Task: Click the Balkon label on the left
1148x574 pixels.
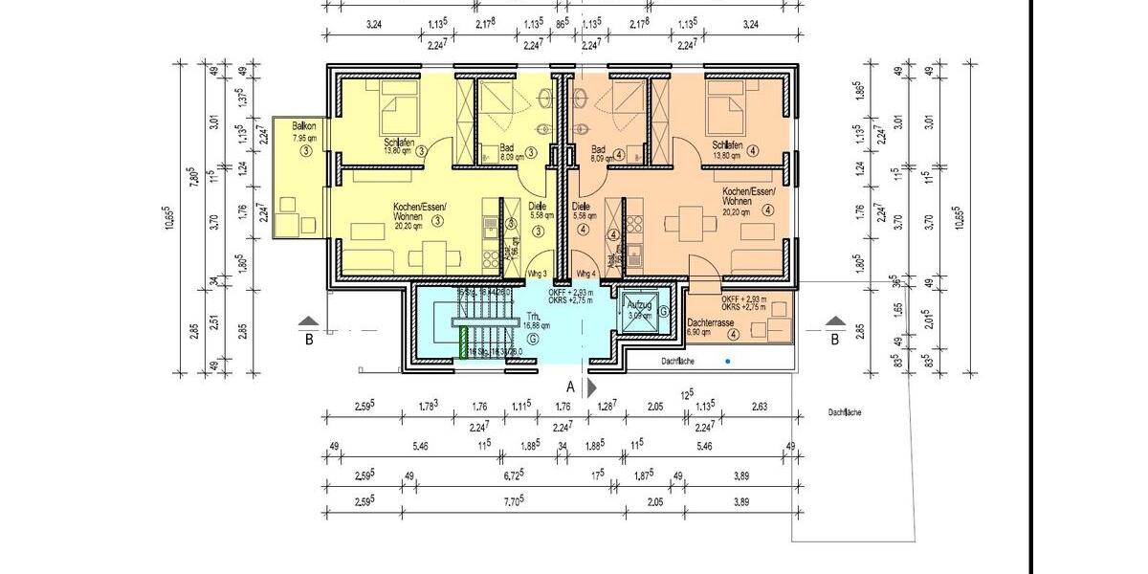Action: [x=304, y=125]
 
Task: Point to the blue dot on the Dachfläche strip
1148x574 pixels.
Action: [x=728, y=362]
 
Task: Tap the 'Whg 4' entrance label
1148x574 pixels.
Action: [x=585, y=273]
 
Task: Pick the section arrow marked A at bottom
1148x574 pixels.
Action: [x=590, y=387]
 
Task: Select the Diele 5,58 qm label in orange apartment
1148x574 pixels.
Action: [x=583, y=210]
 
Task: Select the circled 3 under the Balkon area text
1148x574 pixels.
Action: [x=304, y=150]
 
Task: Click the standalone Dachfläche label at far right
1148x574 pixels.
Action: [x=847, y=412]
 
